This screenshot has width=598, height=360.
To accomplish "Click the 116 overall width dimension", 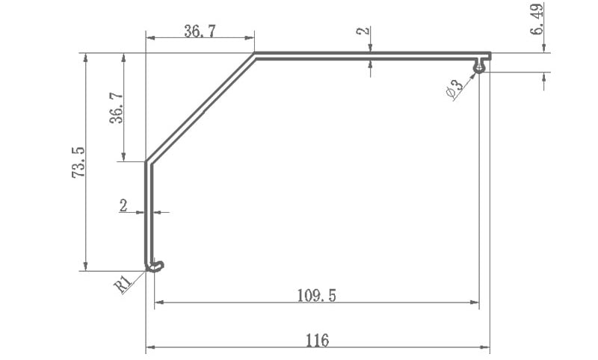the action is pos(317,340).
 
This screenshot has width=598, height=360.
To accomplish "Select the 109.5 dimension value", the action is pos(316,295).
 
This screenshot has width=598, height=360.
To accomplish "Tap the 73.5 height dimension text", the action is pos(78,162).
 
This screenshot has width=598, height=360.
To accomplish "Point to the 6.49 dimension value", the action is pos(536,19).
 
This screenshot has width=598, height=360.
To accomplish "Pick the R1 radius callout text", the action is pos(123,284).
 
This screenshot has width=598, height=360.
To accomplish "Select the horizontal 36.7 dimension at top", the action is pos(200,31).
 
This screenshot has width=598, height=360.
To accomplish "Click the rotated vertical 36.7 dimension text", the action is pos(117,108).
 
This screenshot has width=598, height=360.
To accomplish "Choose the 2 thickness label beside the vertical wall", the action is pos(123,206).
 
